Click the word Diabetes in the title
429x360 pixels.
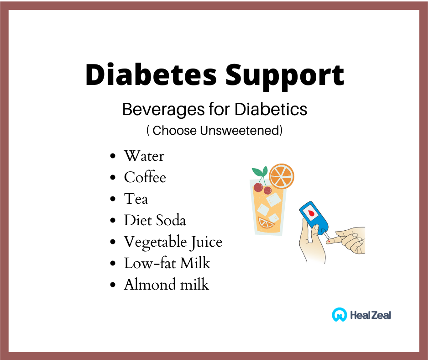click(x=151, y=74)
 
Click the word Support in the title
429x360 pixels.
click(x=285, y=77)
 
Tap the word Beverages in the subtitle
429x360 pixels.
click(x=163, y=110)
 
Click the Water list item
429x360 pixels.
click(x=144, y=156)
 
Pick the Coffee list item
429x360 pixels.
click(x=145, y=177)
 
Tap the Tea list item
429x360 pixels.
click(x=136, y=199)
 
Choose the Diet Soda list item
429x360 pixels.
click(x=155, y=220)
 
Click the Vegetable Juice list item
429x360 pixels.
click(x=173, y=242)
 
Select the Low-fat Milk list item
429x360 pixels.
click(x=167, y=263)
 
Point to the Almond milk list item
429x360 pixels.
click(x=167, y=284)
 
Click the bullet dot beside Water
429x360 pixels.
click(x=113, y=156)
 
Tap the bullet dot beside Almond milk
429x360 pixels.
click(x=113, y=285)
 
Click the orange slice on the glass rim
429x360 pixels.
click(x=282, y=176)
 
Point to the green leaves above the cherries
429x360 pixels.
click(x=260, y=171)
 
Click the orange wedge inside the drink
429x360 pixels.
click(x=266, y=223)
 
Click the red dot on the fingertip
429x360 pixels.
click(x=329, y=242)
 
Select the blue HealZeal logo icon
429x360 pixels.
click(x=339, y=314)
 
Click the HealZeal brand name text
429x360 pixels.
click(x=371, y=315)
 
